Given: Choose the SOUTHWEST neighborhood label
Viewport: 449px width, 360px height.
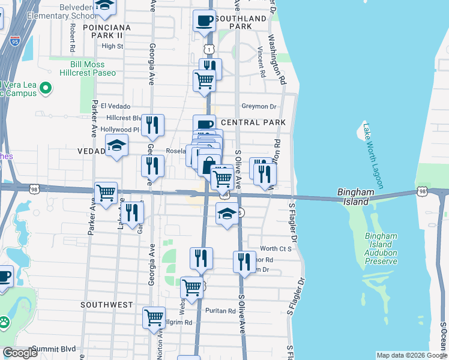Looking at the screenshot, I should pyautogui.click(x=107, y=305).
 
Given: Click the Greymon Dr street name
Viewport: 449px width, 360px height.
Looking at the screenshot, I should pyautogui.click(x=259, y=107).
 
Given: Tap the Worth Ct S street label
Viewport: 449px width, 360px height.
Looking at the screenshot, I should pyautogui.click(x=276, y=248).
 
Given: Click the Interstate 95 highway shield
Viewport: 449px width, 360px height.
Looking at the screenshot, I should pyautogui.click(x=16, y=40).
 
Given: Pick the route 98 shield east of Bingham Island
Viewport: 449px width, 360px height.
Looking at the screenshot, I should pyautogui.click(x=424, y=192).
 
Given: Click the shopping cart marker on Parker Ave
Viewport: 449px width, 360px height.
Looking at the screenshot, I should pyautogui.click(x=106, y=193).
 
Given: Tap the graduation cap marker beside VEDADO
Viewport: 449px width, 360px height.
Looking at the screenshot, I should pyautogui.click(x=116, y=145).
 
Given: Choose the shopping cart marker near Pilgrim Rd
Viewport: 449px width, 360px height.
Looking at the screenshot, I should pyautogui.click(x=154, y=316).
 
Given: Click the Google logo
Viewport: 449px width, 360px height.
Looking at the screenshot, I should pyautogui.click(x=20, y=353).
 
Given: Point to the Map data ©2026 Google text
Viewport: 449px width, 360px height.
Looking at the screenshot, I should pyautogui.click(x=411, y=355).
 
